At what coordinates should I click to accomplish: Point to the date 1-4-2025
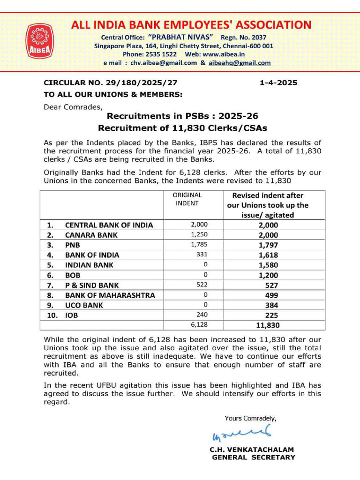278,83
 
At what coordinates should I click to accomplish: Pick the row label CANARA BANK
91,235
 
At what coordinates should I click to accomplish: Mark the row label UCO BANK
85,305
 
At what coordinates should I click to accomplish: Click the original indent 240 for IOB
201,315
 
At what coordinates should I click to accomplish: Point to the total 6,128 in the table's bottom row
199,325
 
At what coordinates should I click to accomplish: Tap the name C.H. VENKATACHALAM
252,450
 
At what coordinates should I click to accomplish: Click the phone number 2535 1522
158,54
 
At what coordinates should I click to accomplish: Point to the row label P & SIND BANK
92,285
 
